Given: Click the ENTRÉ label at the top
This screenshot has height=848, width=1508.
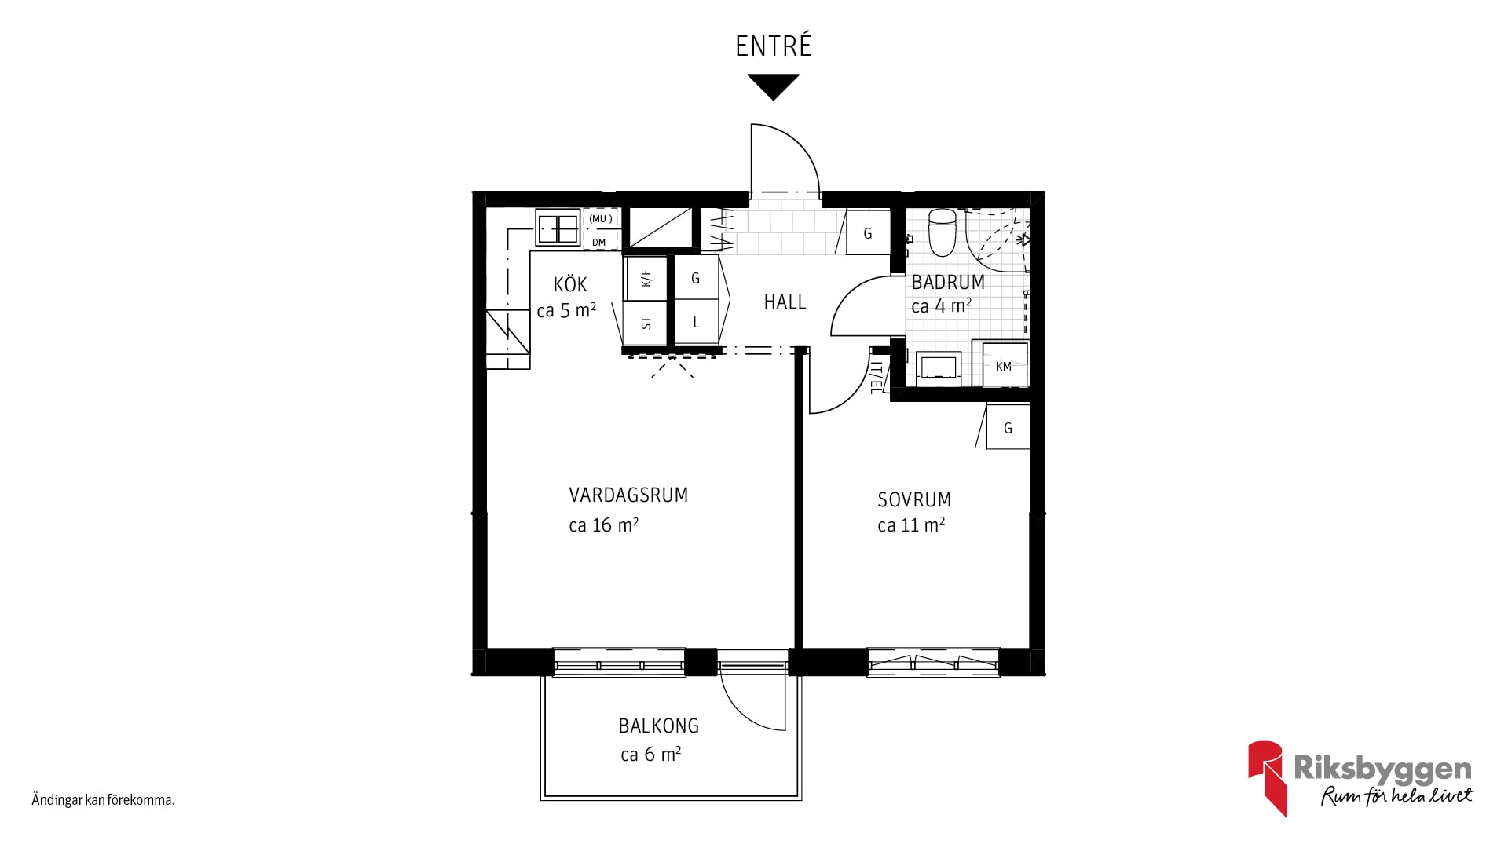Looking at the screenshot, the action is (x=774, y=46).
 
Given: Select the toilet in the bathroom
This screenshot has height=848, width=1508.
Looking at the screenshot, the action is (x=941, y=232).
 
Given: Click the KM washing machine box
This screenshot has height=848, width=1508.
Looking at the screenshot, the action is (x=1003, y=365).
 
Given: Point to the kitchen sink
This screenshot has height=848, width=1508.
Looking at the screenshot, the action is (x=558, y=228).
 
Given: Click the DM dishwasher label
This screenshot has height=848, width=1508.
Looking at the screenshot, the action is (x=599, y=242).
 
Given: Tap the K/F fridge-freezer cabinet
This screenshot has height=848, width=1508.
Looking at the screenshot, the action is (x=646, y=278).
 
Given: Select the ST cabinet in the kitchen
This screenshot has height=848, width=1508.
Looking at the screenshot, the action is (x=646, y=323).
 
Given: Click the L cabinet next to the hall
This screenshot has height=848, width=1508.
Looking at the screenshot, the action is (x=696, y=322).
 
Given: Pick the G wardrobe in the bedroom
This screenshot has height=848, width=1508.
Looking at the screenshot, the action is (x=1008, y=427).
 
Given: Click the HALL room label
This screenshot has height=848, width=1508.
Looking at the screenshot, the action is (x=785, y=302).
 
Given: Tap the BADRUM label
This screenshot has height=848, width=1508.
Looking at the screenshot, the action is (x=948, y=282).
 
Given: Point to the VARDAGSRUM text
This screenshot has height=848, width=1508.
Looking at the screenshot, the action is (x=628, y=495).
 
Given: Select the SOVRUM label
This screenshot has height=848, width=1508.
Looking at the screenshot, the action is (x=914, y=499).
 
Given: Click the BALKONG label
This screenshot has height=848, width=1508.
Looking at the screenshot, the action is (x=659, y=726).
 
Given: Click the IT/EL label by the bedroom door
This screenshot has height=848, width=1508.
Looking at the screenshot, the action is (x=877, y=377).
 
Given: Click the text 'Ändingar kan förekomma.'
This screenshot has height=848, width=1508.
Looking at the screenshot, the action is (x=103, y=800).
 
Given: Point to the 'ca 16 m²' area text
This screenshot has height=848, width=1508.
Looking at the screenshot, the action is (x=603, y=525).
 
